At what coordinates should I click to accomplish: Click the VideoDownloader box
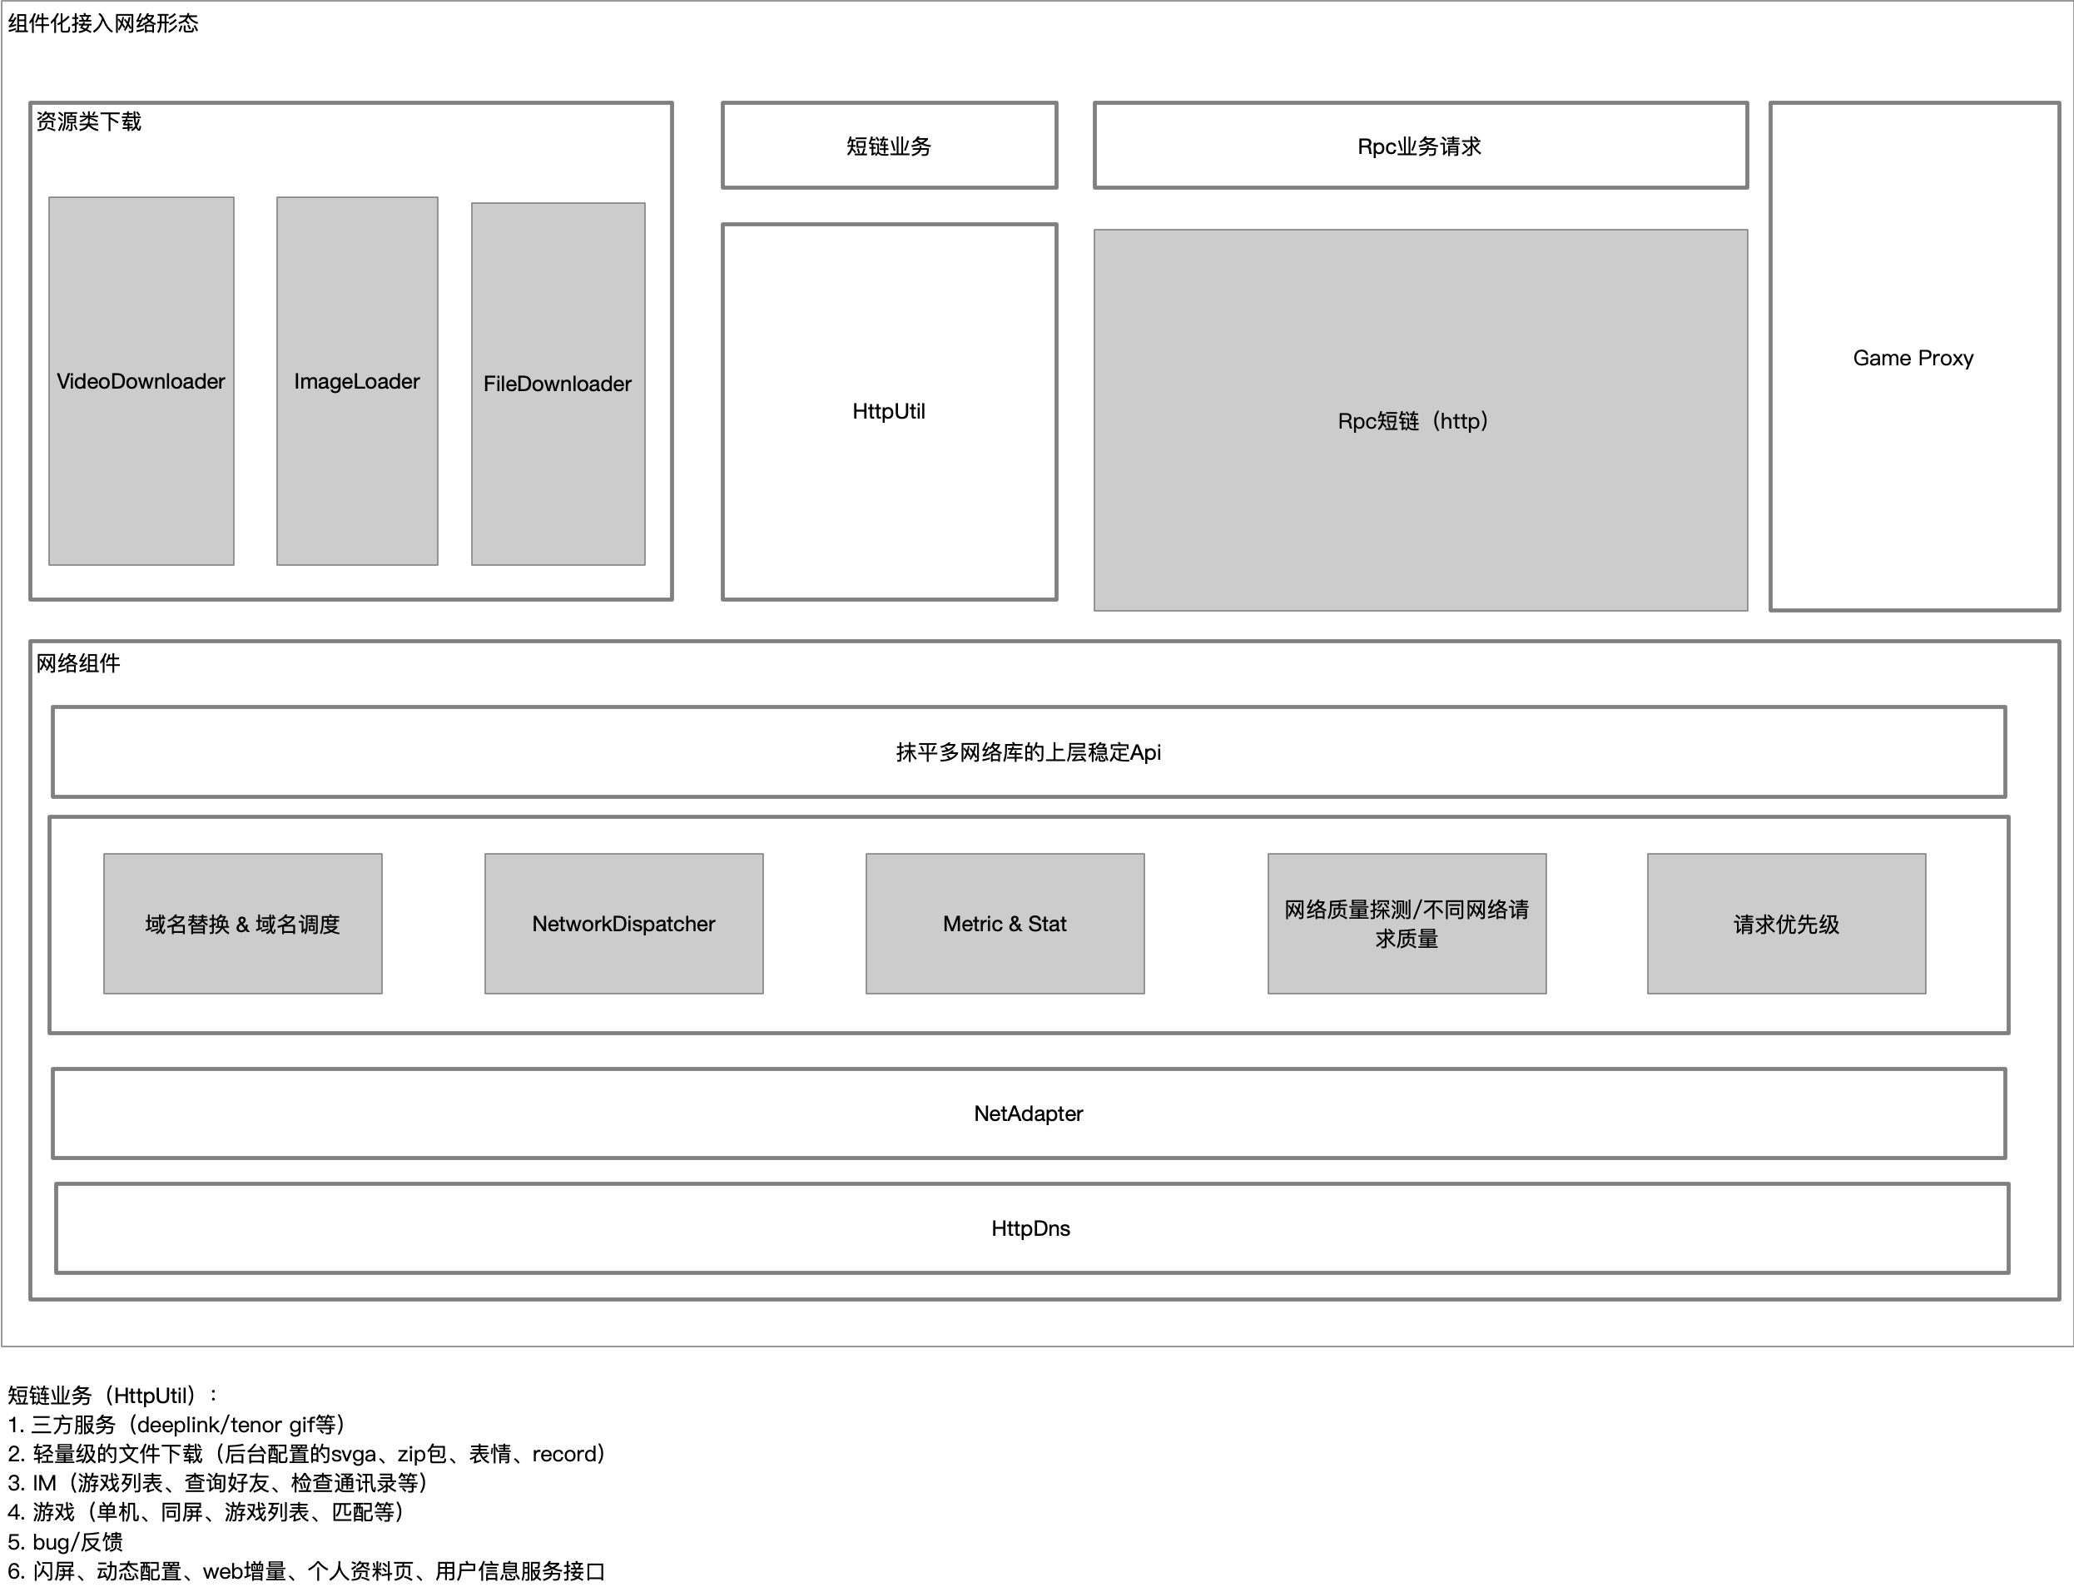(x=141, y=381)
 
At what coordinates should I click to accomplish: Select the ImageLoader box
(x=357, y=381)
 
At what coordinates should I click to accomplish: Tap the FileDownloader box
(x=558, y=384)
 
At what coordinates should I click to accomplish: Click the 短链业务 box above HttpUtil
(x=890, y=146)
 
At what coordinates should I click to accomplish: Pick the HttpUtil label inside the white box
(x=889, y=411)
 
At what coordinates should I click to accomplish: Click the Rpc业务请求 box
(x=1420, y=146)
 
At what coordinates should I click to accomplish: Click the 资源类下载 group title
(x=88, y=122)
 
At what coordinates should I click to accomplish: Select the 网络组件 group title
(x=77, y=663)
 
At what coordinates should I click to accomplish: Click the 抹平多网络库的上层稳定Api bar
(x=1029, y=752)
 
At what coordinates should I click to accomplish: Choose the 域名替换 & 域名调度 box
(x=242, y=924)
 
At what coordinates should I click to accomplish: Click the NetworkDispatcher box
(x=623, y=924)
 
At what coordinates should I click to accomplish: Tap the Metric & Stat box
(x=1005, y=924)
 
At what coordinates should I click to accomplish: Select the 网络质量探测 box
(x=1407, y=924)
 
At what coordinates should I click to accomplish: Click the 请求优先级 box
(x=1787, y=924)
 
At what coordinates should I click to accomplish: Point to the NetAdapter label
(x=1028, y=1113)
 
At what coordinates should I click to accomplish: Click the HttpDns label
(x=1031, y=1228)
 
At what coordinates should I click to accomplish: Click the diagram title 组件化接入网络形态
(x=103, y=23)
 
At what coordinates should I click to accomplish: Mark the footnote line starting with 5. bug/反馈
(x=66, y=1542)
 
